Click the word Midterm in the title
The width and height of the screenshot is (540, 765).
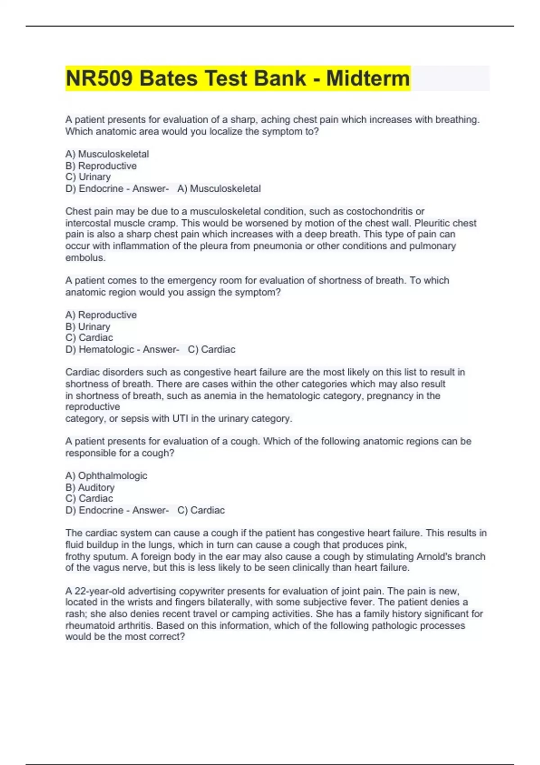pos(368,78)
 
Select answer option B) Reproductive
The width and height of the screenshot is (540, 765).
pos(101,166)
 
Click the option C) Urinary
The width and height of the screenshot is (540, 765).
pos(88,177)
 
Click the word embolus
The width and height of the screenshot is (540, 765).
pos(85,258)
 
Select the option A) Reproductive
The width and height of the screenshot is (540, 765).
pos(101,315)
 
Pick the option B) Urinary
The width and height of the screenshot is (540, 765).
pos(88,326)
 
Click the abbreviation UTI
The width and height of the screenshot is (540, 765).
pos(180,418)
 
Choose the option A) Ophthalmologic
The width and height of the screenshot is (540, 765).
pos(106,476)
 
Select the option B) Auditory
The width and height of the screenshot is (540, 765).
pos(90,487)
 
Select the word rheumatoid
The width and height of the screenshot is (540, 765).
pos(89,625)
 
